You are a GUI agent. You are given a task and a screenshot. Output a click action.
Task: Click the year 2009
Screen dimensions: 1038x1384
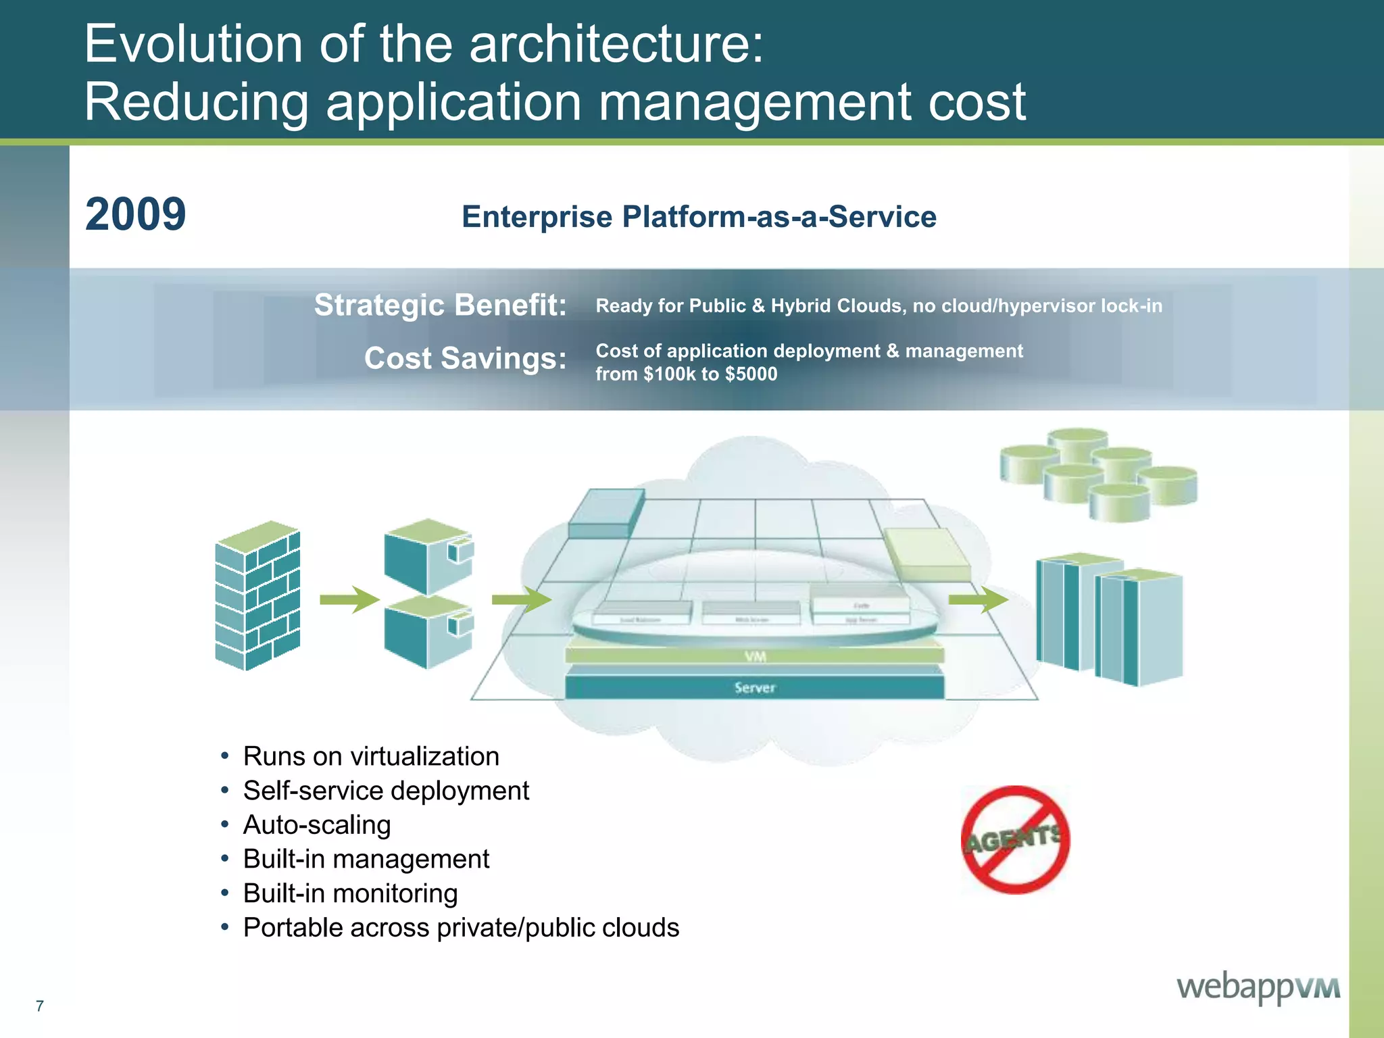point(135,214)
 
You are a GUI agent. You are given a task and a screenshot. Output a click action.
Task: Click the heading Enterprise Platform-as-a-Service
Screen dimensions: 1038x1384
point(699,217)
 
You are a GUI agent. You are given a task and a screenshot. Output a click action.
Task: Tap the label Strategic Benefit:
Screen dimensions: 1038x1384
point(440,305)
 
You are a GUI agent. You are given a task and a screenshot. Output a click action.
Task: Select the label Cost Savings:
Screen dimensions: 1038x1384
point(465,357)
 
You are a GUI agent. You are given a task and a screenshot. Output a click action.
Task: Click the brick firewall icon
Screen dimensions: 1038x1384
point(257,595)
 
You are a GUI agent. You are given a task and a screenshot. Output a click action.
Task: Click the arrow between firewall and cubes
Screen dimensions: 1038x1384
point(349,599)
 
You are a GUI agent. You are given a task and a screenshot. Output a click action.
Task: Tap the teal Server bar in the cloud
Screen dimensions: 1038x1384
point(754,687)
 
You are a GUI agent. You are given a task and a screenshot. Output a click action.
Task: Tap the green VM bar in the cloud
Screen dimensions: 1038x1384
point(754,656)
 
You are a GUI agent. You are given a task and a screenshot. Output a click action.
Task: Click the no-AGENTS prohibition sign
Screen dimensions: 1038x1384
point(1015,840)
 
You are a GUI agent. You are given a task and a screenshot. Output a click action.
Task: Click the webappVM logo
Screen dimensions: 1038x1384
point(1258,987)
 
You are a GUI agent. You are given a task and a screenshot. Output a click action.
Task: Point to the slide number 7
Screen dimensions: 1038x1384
point(40,1006)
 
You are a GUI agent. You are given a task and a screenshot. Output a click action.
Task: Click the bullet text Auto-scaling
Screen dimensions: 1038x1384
point(317,824)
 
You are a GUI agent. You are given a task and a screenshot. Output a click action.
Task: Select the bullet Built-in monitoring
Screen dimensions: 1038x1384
point(350,893)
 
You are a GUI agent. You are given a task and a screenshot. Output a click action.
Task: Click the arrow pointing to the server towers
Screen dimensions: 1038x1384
point(978,599)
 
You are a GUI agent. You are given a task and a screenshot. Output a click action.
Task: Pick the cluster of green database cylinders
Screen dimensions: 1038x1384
point(1098,474)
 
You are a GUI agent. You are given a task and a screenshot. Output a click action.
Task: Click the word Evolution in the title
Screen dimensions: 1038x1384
point(193,44)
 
